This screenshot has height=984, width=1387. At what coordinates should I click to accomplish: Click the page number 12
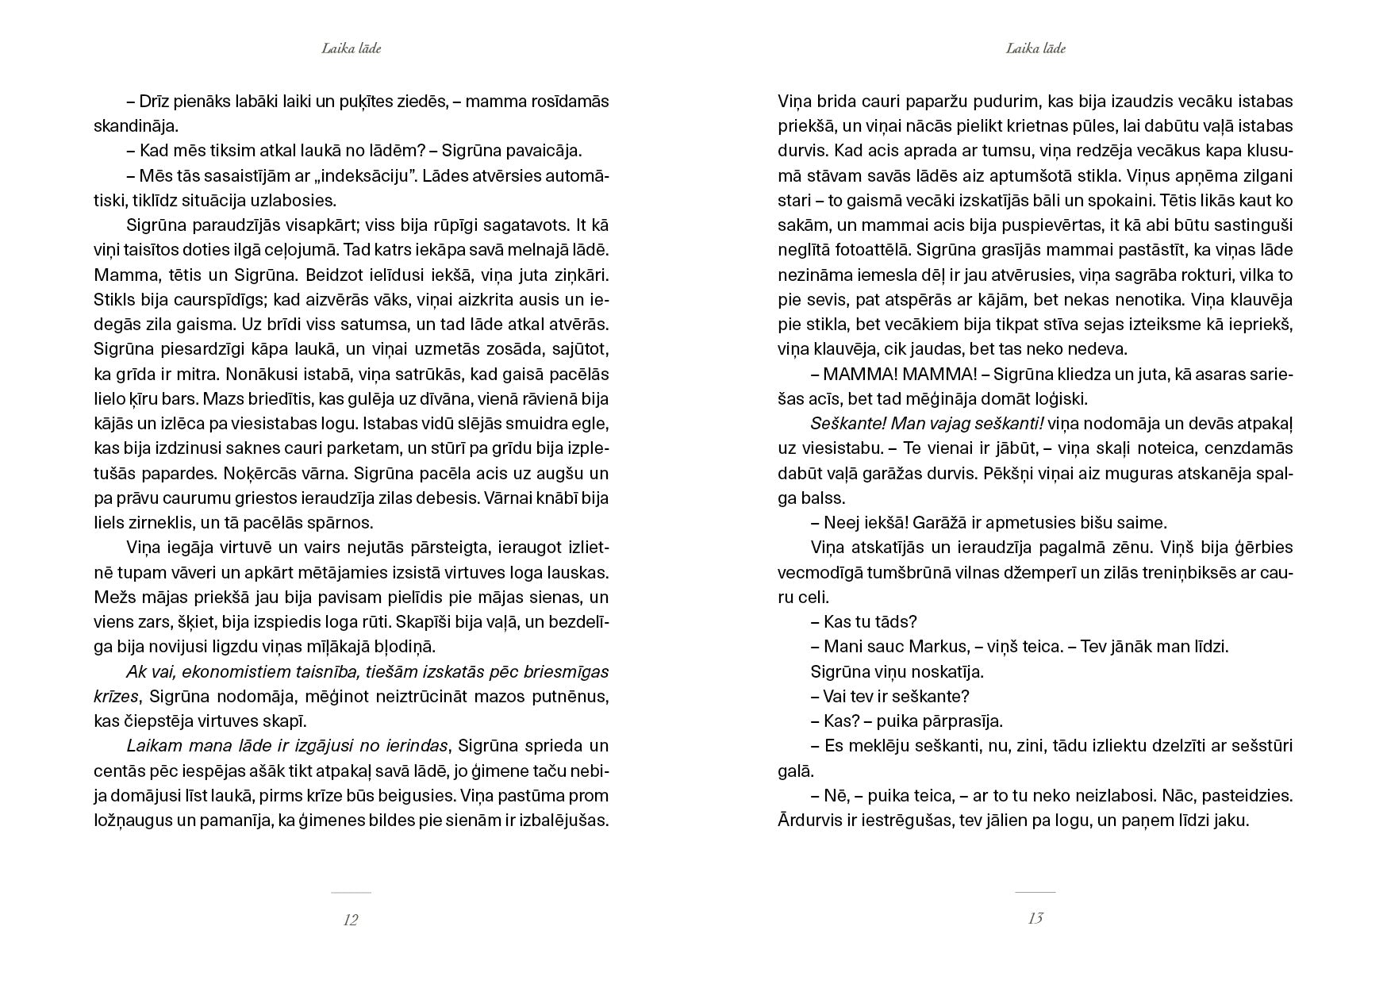click(351, 920)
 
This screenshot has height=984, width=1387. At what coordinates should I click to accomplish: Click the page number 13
click(1035, 918)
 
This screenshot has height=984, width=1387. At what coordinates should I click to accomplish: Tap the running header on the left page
click(352, 48)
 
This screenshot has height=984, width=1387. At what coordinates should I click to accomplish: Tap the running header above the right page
click(1035, 48)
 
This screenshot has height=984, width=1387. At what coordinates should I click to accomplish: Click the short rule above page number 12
click(351, 892)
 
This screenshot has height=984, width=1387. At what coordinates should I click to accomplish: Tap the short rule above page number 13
click(1035, 892)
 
